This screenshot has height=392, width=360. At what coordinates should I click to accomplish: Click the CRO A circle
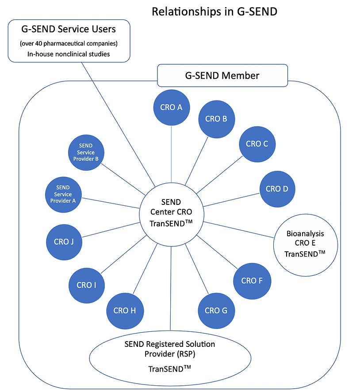172,107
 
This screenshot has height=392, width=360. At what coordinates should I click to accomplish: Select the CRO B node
216,119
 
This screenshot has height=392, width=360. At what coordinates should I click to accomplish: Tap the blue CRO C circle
257,143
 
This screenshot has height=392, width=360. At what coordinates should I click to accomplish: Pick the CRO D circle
277,189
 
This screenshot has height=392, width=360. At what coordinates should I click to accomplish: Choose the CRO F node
252,281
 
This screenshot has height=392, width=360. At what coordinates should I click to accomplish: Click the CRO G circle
216,310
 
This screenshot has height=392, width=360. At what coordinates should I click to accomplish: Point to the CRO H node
124,310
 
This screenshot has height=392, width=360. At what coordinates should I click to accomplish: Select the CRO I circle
87,285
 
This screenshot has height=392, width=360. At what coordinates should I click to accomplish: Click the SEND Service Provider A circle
63,194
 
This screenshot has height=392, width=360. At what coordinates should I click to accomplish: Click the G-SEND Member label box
222,76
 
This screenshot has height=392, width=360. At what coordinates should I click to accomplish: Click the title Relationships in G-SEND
214,12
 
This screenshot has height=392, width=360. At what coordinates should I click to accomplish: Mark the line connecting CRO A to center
172,155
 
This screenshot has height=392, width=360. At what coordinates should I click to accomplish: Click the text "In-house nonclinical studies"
69,54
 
